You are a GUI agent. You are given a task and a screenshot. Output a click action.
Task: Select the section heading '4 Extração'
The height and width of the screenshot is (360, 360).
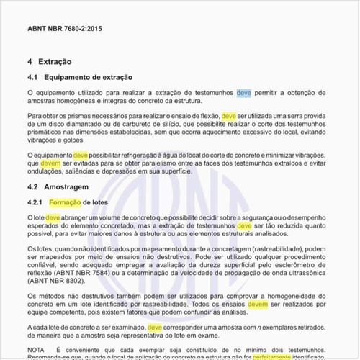[49, 62]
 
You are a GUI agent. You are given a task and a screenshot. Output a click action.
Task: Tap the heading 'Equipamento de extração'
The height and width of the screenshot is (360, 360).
[88, 77]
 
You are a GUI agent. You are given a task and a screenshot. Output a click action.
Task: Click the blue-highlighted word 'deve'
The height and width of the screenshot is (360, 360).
[244, 93]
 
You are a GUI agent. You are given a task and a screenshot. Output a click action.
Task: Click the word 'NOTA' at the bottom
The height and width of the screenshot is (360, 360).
[37, 348]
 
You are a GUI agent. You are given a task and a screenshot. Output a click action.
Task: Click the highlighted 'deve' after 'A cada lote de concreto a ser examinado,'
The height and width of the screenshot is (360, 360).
[155, 327]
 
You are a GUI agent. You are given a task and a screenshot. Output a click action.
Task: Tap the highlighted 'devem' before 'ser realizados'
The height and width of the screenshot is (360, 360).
[257, 305]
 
